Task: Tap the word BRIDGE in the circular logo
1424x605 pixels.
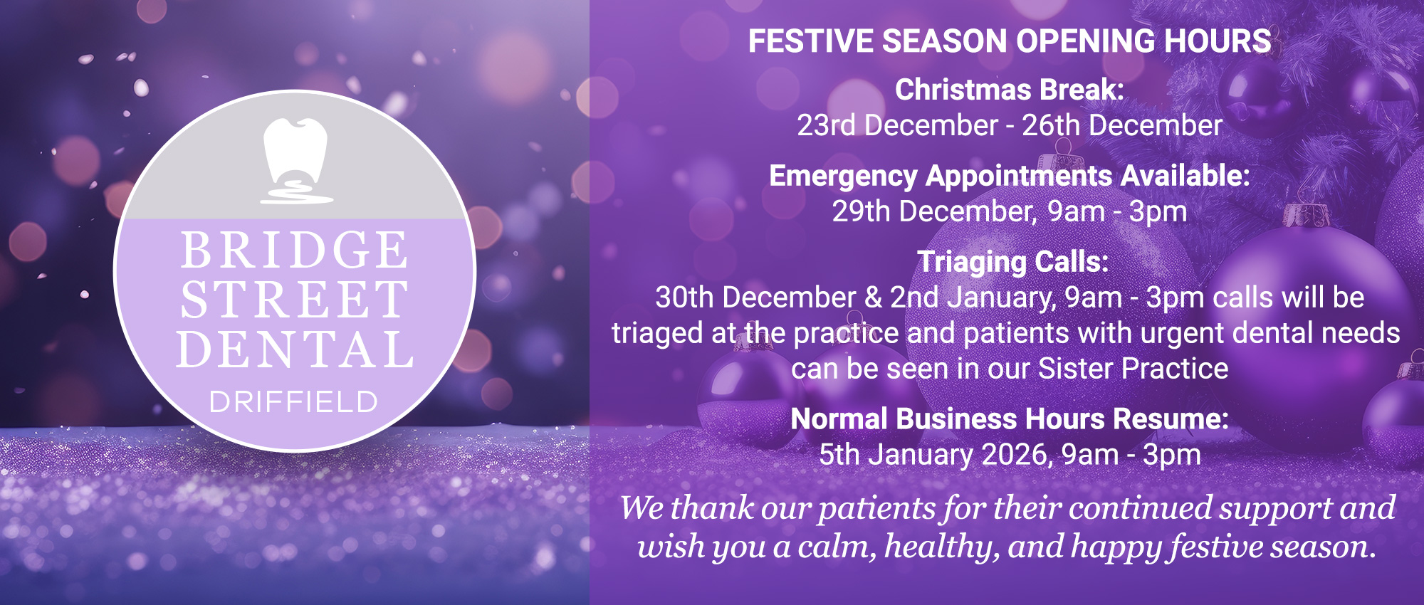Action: point(295,251)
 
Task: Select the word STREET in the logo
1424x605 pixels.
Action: point(295,300)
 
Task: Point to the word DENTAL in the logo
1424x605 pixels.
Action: point(295,349)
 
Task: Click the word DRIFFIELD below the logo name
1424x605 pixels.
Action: point(293,403)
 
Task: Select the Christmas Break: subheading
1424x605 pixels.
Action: point(1009,90)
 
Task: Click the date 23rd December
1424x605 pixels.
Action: point(897,125)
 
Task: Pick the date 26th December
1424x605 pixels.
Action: point(1122,125)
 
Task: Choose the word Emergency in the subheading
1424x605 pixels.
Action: point(843,177)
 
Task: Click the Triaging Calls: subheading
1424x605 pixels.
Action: point(1012,262)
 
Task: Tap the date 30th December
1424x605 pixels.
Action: point(755,298)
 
